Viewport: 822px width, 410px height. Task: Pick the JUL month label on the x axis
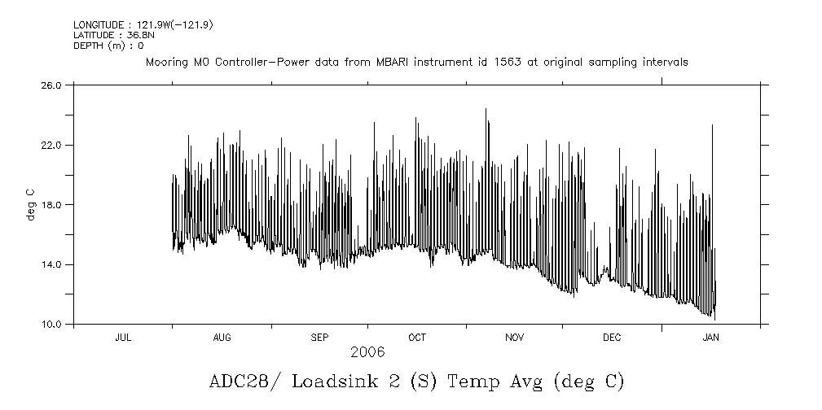123,337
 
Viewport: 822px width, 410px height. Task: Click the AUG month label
222,337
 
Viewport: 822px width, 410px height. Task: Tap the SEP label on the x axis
319,337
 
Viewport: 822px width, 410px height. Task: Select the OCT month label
417,337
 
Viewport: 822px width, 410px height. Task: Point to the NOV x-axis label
515,337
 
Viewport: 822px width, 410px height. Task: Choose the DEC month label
612,337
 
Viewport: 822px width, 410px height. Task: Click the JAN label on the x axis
710,337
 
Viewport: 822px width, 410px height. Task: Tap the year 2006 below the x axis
367,352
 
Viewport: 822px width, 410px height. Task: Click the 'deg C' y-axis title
30,204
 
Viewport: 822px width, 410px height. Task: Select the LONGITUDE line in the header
143,25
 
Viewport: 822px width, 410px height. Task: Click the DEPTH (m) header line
108,46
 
